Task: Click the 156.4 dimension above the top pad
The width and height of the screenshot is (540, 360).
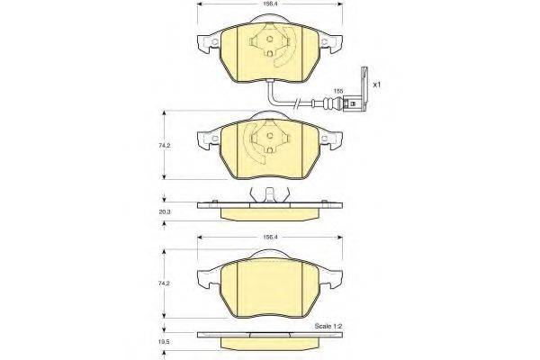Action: (x=269, y=4)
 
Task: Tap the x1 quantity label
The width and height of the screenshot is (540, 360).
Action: (x=377, y=85)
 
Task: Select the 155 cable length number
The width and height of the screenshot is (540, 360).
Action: (x=338, y=91)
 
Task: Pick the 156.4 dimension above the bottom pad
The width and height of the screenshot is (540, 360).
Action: (x=269, y=237)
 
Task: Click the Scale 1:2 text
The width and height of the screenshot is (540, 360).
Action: (x=328, y=326)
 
